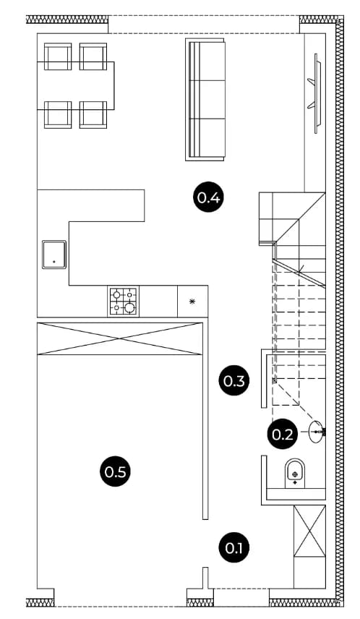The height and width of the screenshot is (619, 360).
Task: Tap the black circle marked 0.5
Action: tap(115, 471)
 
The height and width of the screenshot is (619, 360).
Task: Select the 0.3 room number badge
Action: tap(234, 381)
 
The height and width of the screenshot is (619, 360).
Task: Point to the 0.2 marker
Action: tap(283, 435)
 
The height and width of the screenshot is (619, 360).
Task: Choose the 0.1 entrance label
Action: tap(234, 548)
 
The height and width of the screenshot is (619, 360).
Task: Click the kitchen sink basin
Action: tap(54, 255)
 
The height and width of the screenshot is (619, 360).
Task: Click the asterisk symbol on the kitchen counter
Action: tap(192, 302)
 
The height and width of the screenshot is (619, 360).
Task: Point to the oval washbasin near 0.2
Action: tap(317, 432)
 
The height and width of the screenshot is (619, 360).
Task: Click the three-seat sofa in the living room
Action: tap(205, 100)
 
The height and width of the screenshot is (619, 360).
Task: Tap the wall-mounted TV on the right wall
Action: tap(315, 93)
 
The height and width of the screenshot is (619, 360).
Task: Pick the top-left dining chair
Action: tap(58, 56)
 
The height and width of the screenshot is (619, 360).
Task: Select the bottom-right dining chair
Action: tap(93, 114)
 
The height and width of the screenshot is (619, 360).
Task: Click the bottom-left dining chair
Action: tap(58, 114)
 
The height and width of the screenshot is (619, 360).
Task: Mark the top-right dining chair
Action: tap(93, 56)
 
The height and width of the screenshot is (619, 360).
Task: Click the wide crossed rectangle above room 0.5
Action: tap(119, 338)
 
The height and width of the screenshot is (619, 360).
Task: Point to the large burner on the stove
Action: tap(129, 307)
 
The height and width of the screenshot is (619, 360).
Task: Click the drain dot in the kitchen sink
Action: tap(53, 261)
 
